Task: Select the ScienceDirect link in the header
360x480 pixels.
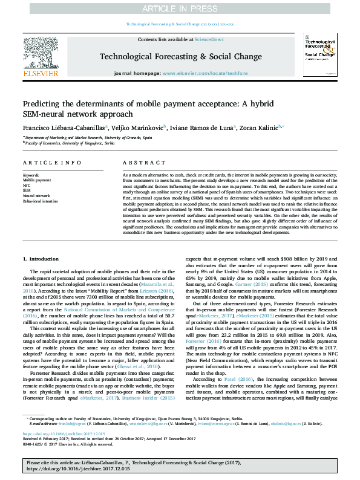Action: coord(209,39)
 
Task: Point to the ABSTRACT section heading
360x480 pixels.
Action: coord(140,163)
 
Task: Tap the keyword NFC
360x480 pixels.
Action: coord(27,186)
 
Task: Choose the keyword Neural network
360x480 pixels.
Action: coord(36,195)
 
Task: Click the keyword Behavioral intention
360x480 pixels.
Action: coord(40,201)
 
